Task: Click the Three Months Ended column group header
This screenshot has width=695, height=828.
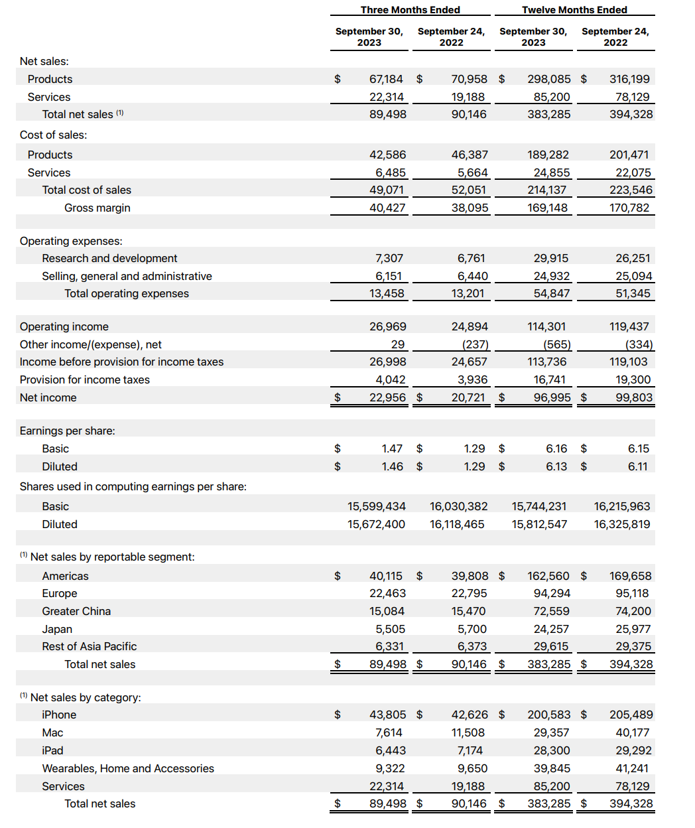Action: coord(410,10)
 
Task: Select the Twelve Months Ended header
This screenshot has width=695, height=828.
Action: coord(574,10)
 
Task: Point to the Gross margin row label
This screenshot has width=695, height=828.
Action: coord(97,208)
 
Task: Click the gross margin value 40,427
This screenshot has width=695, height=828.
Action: coord(387,208)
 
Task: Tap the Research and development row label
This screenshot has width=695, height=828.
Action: coord(109,258)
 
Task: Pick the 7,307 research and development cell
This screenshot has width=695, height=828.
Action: coord(389,258)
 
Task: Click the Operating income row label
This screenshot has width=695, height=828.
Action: coord(64,326)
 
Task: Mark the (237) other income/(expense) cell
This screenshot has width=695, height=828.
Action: coord(475,344)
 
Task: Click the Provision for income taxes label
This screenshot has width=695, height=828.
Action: coord(84,379)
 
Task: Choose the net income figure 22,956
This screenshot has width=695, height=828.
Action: coord(387,397)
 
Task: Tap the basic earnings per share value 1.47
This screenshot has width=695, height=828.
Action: coord(392,448)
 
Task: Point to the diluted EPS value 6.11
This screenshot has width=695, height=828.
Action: coord(637,466)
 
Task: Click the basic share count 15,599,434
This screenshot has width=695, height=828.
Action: coord(376,506)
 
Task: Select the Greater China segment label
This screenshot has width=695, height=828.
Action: coord(76,611)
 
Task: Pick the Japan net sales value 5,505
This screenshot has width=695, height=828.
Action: coord(390,629)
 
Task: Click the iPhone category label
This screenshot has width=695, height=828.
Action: coord(59,715)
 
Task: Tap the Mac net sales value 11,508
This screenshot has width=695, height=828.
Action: coord(470,732)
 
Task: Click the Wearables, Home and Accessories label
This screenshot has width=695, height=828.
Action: coord(128,768)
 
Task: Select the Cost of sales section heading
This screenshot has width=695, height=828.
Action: coord(53,135)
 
